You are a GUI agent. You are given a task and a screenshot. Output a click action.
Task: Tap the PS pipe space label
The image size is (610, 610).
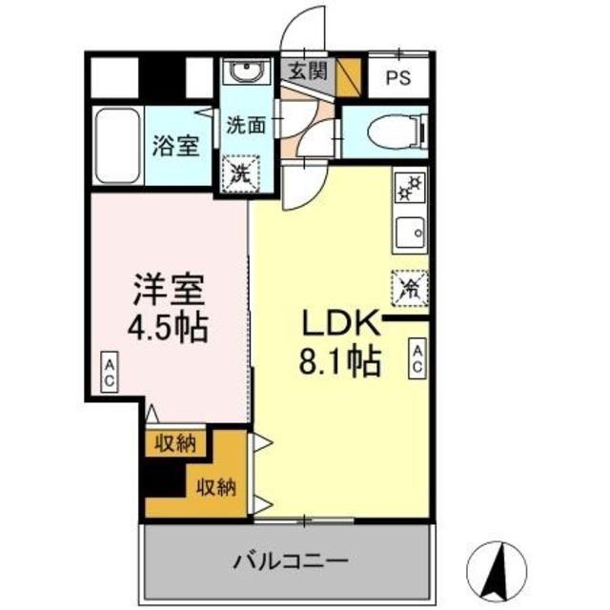[398, 79]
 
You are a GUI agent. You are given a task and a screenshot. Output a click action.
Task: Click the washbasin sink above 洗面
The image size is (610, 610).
[250, 75]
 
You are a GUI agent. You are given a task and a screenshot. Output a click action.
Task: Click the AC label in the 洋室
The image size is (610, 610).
[109, 372]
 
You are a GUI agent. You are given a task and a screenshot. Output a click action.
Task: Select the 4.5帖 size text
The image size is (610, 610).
[168, 325]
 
